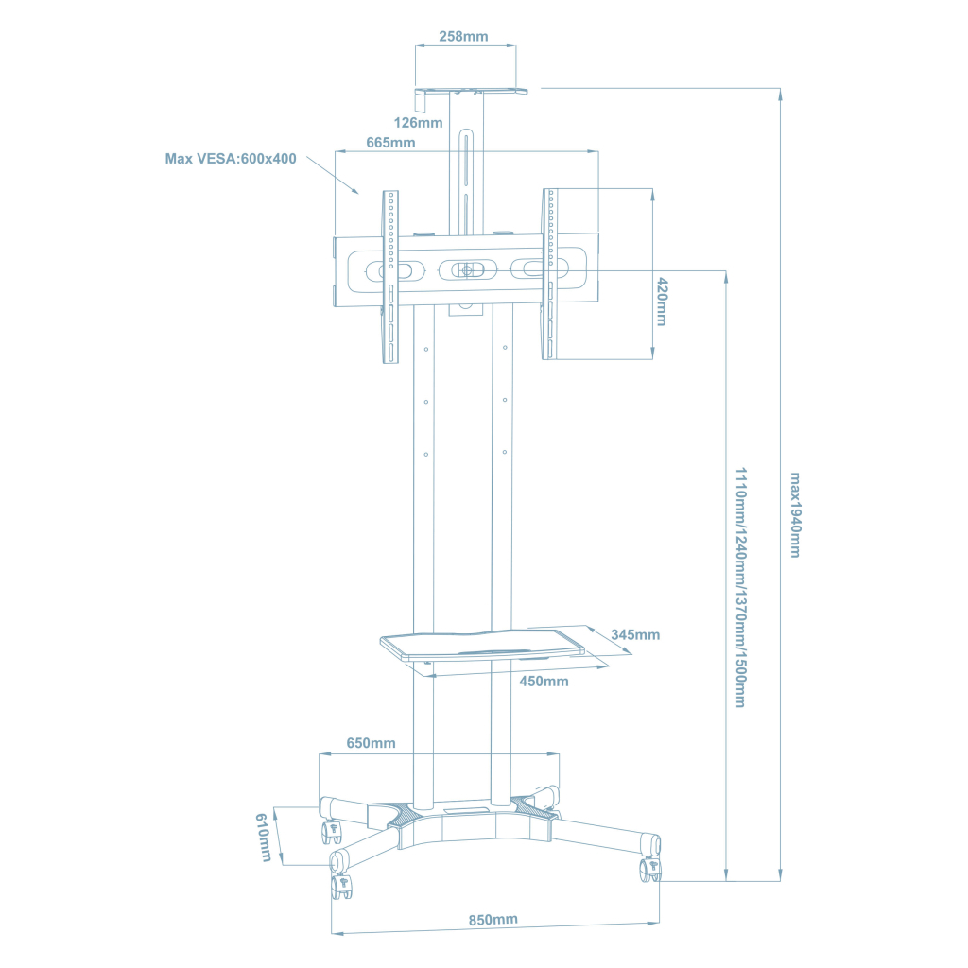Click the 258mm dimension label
tap(463, 37)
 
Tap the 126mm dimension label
tap(419, 123)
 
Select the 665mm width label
tap(390, 143)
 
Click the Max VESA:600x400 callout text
tap(231, 159)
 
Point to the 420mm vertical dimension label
tap(663, 302)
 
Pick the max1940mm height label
tap(795, 514)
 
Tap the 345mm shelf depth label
tap(635, 634)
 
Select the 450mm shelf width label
tap(544, 682)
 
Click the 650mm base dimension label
tap(371, 743)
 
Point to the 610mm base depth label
tap(264, 837)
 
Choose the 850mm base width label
tap(493, 920)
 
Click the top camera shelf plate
tap(470, 92)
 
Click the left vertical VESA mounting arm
tap(389, 274)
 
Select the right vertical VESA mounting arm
tap(549, 274)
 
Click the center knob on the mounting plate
tap(466, 269)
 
